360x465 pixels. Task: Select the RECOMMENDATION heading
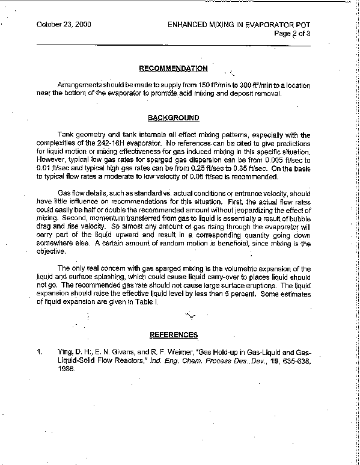tap(174, 69)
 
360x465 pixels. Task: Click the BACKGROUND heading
tap(174, 118)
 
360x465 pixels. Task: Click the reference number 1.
tap(39, 350)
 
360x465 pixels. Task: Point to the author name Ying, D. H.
tap(64, 350)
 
